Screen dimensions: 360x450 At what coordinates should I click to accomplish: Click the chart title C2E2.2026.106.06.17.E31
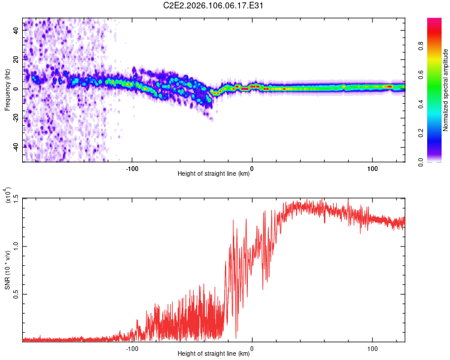coord(214,6)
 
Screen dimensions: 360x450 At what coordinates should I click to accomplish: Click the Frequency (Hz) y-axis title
coord(7,90)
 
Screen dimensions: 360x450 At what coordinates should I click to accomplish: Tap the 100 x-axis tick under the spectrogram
coord(372,168)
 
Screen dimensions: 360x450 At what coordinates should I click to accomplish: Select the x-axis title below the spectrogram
coord(214,174)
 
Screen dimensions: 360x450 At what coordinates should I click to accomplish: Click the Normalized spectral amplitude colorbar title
coord(446,90)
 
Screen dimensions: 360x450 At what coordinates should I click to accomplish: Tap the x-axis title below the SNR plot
coord(214,354)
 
